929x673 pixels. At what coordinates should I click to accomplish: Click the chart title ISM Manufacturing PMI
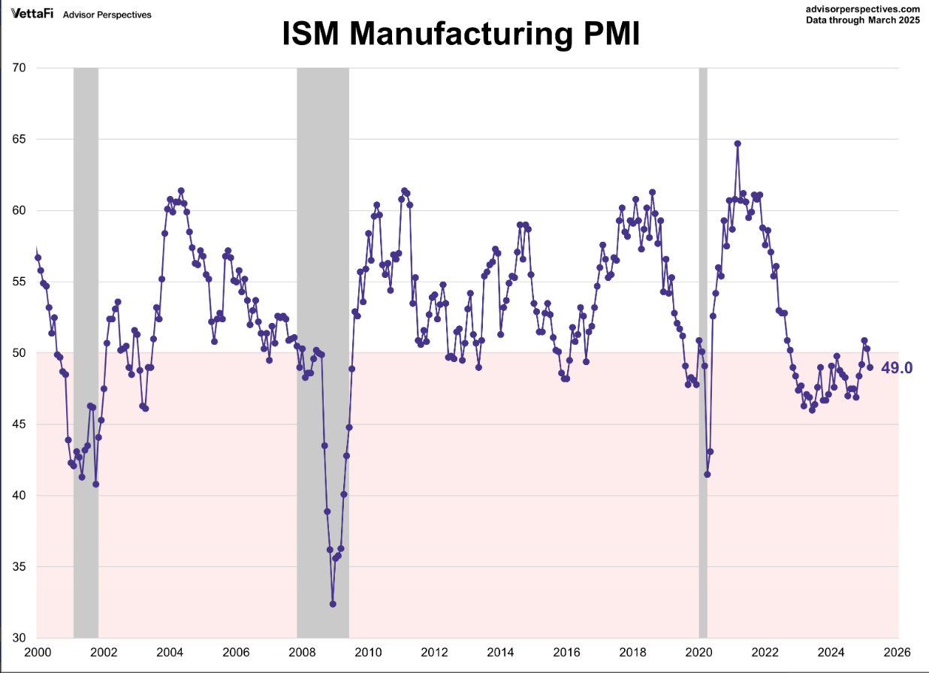click(461, 35)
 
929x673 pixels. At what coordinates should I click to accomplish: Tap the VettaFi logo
click(31, 14)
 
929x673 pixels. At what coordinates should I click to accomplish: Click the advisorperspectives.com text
click(862, 9)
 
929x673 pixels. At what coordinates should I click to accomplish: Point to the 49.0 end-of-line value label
click(897, 367)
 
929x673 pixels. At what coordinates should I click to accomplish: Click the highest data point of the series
click(737, 143)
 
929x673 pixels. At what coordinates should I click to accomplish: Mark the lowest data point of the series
click(333, 604)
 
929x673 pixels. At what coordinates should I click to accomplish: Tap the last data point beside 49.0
click(870, 367)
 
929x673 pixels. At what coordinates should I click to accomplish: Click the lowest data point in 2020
click(707, 474)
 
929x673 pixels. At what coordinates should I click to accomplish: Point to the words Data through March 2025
click(862, 20)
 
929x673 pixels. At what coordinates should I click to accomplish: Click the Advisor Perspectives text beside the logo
click(107, 14)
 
